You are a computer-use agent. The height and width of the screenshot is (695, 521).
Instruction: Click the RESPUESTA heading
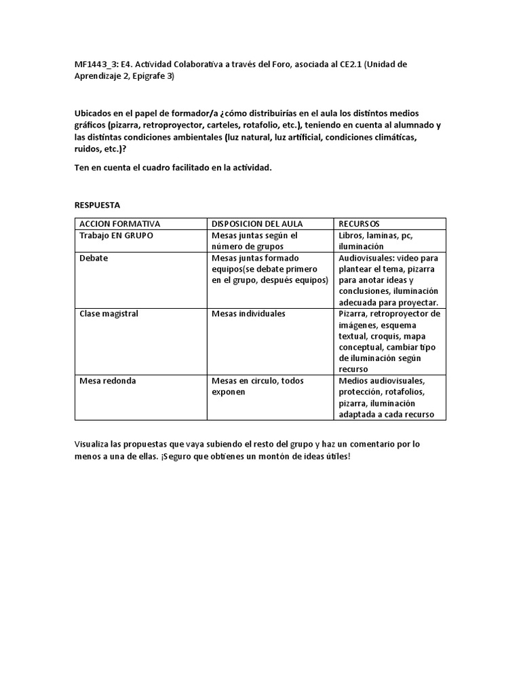(98, 204)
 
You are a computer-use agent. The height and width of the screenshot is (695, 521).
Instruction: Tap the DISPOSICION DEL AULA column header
(257, 224)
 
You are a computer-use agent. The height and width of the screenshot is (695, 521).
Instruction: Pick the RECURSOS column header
(359, 224)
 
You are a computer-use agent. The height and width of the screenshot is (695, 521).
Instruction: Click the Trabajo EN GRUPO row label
(116, 236)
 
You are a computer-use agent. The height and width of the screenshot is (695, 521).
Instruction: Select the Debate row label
(94, 259)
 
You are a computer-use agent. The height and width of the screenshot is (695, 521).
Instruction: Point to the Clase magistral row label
(109, 314)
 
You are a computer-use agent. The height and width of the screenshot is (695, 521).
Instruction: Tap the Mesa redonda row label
(107, 381)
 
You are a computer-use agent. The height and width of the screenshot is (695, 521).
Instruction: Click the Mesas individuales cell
(248, 314)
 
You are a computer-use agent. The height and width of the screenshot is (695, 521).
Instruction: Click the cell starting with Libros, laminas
(375, 241)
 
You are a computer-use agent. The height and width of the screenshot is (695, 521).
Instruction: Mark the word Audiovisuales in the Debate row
(366, 259)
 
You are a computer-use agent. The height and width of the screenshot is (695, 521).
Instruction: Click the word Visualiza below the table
(95, 445)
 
